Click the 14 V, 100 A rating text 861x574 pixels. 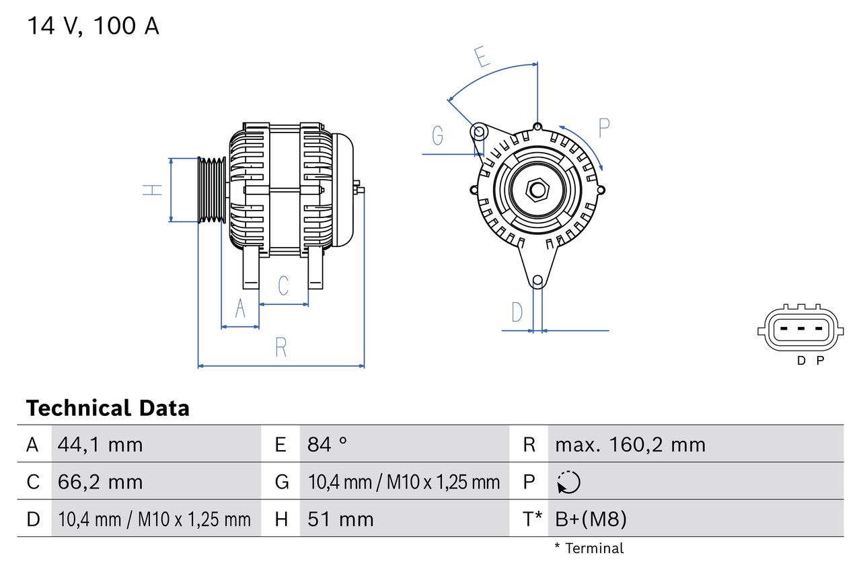93,26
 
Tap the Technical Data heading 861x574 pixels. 108,408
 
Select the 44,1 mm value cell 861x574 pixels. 100,444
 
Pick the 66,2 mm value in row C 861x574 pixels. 100,482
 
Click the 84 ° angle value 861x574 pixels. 328,444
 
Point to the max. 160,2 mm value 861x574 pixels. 630,444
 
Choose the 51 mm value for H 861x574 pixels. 340,519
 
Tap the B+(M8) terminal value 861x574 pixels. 591,519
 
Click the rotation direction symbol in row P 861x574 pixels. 568,482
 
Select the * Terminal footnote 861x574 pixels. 589,548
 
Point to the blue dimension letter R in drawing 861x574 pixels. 281,347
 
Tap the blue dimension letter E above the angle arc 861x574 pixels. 482,57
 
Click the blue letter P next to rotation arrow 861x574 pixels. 603,127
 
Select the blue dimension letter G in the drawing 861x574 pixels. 438,136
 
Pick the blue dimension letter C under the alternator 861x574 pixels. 283,285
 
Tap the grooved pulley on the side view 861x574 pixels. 211,190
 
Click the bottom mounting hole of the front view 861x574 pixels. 537,281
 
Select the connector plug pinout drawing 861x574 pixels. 800,330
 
